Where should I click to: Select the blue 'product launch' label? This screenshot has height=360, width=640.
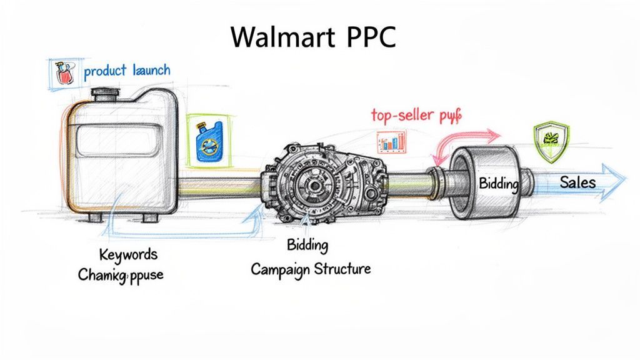pyautogui.click(x=127, y=70)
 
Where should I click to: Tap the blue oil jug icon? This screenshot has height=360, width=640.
pyautogui.click(x=207, y=140)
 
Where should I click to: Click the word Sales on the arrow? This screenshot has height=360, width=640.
pyautogui.click(x=577, y=182)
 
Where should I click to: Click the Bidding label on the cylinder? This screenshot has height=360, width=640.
pyautogui.click(x=499, y=183)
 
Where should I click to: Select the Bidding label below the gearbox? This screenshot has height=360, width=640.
pyautogui.click(x=307, y=245)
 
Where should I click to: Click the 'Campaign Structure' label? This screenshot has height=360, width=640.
pyautogui.click(x=311, y=269)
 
